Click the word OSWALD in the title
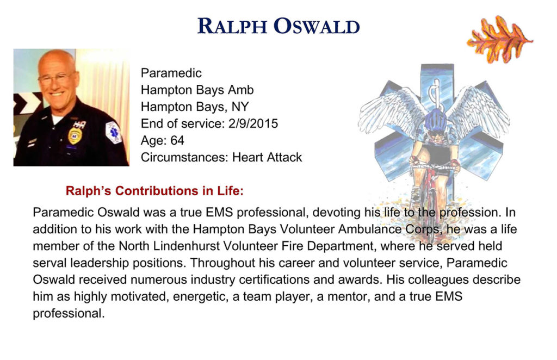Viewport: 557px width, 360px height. [317, 27]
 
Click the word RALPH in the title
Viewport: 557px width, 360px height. [232, 27]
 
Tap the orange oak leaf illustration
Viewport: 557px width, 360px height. [499, 39]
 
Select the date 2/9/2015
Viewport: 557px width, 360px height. [253, 123]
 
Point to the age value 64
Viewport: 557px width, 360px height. [177, 141]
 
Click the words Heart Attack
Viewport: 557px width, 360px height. [267, 157]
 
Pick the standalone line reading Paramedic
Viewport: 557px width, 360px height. [171, 73]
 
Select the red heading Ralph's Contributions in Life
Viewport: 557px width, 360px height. [154, 191]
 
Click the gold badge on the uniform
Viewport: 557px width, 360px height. [75, 136]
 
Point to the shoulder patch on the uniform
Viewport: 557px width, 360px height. [114, 133]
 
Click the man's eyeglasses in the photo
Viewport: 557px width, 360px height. [57, 78]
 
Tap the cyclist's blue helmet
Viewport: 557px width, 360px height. [436, 121]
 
